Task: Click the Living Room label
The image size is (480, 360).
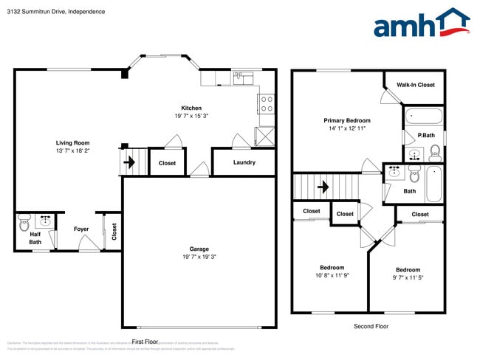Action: tap(72, 143)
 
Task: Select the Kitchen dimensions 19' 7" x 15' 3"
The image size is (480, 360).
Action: tap(181, 116)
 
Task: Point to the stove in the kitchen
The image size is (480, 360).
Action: tap(267, 103)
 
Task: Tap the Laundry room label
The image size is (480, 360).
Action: tap(244, 162)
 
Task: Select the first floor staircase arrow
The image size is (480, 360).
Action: tap(129, 162)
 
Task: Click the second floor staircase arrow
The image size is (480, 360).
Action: tap(323, 187)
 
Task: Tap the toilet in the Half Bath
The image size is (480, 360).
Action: tap(25, 220)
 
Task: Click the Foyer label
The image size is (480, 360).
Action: tap(81, 229)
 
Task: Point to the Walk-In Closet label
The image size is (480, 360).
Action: tap(416, 85)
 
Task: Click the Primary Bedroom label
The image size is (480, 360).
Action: tap(347, 120)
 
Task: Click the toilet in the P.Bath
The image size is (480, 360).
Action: tap(435, 153)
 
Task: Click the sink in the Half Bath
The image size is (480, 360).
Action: tap(44, 220)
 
